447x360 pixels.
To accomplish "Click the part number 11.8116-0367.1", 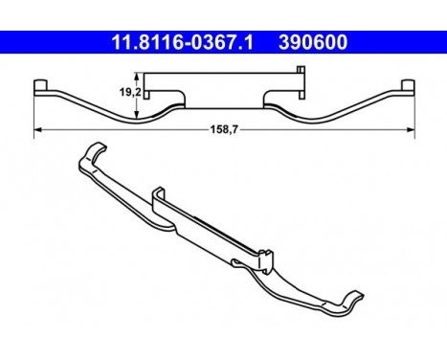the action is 182,42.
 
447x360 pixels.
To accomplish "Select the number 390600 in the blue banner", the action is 313,42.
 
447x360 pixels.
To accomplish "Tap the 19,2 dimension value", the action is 130,93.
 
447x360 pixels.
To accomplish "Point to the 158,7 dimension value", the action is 224,129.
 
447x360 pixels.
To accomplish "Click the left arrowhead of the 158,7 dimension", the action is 37,129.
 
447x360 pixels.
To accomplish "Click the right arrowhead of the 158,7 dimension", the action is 411,129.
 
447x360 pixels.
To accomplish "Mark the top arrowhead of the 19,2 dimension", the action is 137,77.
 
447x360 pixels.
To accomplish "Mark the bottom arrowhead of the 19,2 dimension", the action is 137,115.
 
